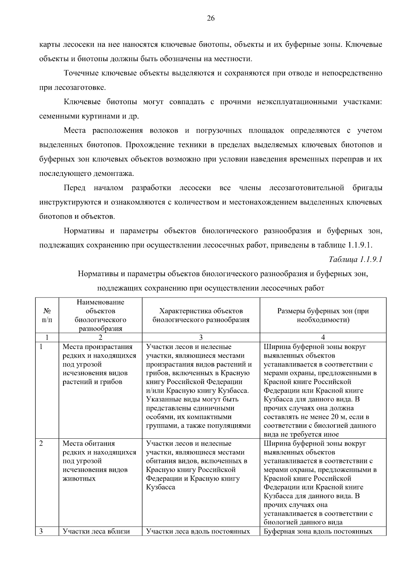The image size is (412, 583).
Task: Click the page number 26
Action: point(210,19)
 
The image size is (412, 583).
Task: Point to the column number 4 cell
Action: point(323,337)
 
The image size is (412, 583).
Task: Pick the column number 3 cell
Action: point(201,337)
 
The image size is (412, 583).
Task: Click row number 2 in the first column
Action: point(41,444)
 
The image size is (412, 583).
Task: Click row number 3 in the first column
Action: point(41,531)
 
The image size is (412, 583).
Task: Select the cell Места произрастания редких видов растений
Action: point(100,364)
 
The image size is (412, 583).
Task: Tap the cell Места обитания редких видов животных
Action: point(100,461)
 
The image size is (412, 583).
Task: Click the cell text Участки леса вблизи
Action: point(96,531)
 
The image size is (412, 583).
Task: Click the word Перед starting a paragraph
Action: point(75,188)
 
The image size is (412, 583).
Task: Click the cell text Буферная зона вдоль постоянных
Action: point(318,531)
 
